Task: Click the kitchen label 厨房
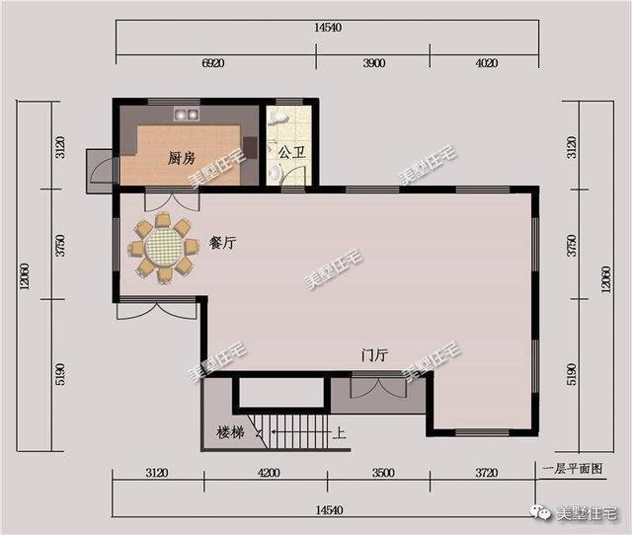(x=180, y=157)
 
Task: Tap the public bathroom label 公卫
(x=290, y=153)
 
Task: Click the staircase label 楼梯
(x=230, y=432)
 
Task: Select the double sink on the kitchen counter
(x=188, y=111)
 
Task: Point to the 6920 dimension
(x=213, y=62)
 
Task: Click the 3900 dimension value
(x=373, y=62)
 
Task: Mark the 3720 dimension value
(x=486, y=474)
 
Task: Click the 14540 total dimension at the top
(x=328, y=28)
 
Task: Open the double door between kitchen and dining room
(x=162, y=203)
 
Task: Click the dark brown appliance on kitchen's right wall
(x=250, y=148)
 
